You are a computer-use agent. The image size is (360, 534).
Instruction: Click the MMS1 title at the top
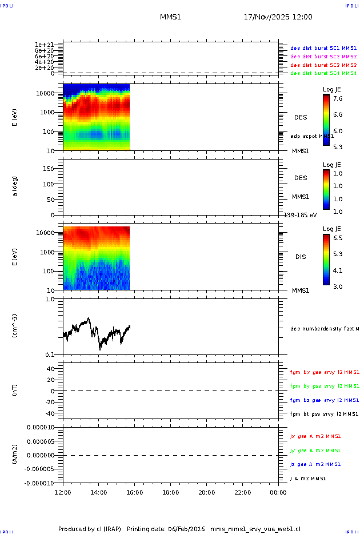click(170, 17)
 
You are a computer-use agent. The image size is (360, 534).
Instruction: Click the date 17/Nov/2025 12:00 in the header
click(278, 17)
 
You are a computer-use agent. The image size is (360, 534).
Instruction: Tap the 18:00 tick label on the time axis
click(171, 492)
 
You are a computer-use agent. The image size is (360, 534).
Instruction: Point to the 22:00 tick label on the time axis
click(243, 492)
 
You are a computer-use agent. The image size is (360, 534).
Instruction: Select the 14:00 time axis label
click(99, 492)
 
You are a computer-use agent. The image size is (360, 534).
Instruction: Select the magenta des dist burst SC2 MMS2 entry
click(323, 57)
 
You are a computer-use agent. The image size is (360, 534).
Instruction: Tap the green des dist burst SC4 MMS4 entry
click(323, 73)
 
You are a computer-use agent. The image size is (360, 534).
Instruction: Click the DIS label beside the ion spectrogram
click(300, 257)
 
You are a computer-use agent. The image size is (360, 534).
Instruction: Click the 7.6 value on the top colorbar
click(338, 98)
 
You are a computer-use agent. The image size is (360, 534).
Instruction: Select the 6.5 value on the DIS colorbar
click(338, 237)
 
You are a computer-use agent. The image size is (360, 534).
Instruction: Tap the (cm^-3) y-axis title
click(15, 326)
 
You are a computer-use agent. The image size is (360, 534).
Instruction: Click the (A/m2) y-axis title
click(15, 455)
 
